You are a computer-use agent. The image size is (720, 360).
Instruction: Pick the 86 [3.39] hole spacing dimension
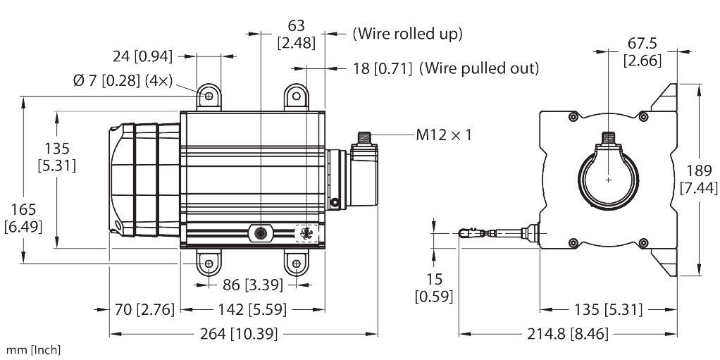click(x=251, y=285)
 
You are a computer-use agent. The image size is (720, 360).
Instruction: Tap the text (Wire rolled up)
click(x=407, y=33)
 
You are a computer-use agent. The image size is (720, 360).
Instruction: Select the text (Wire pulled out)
click(x=479, y=68)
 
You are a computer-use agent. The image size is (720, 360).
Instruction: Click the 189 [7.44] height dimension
click(x=699, y=179)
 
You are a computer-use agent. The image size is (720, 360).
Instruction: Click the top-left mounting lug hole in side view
click(x=209, y=95)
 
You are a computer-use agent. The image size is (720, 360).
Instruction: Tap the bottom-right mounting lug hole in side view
click(x=297, y=265)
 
